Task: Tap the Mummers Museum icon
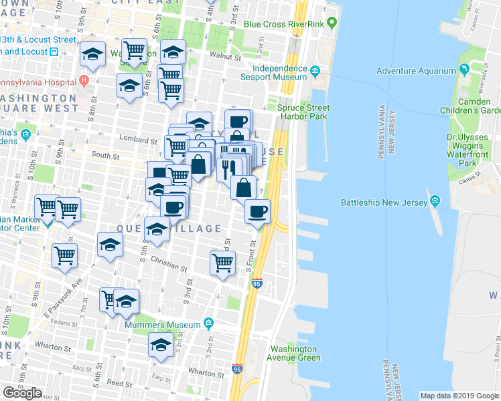pos(208,324)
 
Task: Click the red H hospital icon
pos(84,81)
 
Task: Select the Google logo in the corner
pos(22,392)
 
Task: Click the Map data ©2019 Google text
pos(459,396)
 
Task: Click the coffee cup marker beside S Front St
pos(257,213)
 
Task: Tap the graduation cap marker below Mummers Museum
pos(161,345)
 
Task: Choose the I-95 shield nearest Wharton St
pos(236,368)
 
